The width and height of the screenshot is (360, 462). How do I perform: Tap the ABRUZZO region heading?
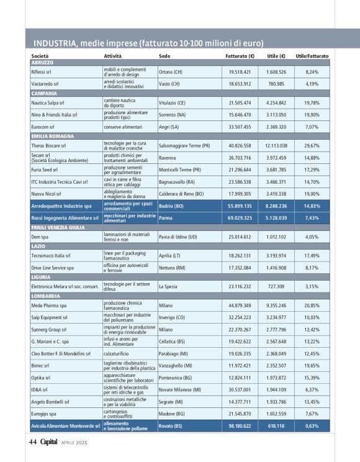[x=42, y=63]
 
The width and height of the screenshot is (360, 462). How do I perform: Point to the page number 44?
[x=33, y=443]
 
